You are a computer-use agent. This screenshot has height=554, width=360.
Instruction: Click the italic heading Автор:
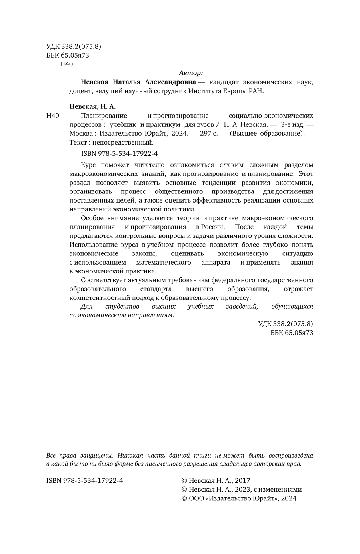click(191, 73)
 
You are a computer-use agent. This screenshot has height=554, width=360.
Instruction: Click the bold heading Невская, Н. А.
click(92, 106)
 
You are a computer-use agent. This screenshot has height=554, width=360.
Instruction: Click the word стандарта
click(156, 289)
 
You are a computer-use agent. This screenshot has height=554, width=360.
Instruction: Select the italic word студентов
click(122, 307)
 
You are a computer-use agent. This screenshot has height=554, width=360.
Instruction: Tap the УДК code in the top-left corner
click(74, 46)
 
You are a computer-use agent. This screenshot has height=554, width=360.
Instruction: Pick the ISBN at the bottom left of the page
click(84, 480)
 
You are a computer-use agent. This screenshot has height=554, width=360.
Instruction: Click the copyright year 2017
click(242, 480)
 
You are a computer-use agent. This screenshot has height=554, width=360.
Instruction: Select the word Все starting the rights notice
click(51, 456)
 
